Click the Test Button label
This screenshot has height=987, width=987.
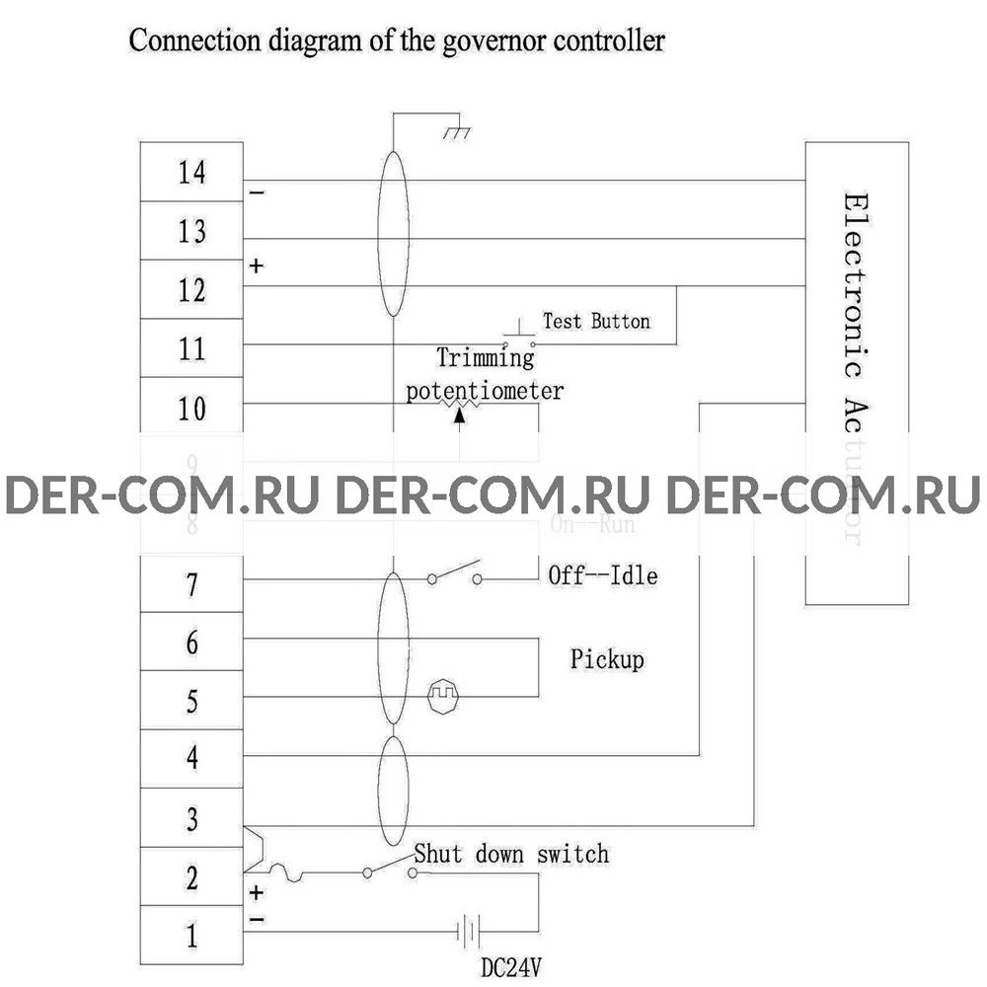[596, 322]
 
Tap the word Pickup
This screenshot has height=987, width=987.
[607, 658]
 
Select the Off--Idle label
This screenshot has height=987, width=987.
[602, 575]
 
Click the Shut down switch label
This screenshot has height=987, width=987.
[511, 853]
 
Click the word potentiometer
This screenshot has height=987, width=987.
[486, 391]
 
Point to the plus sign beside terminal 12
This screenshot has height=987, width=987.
[256, 266]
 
